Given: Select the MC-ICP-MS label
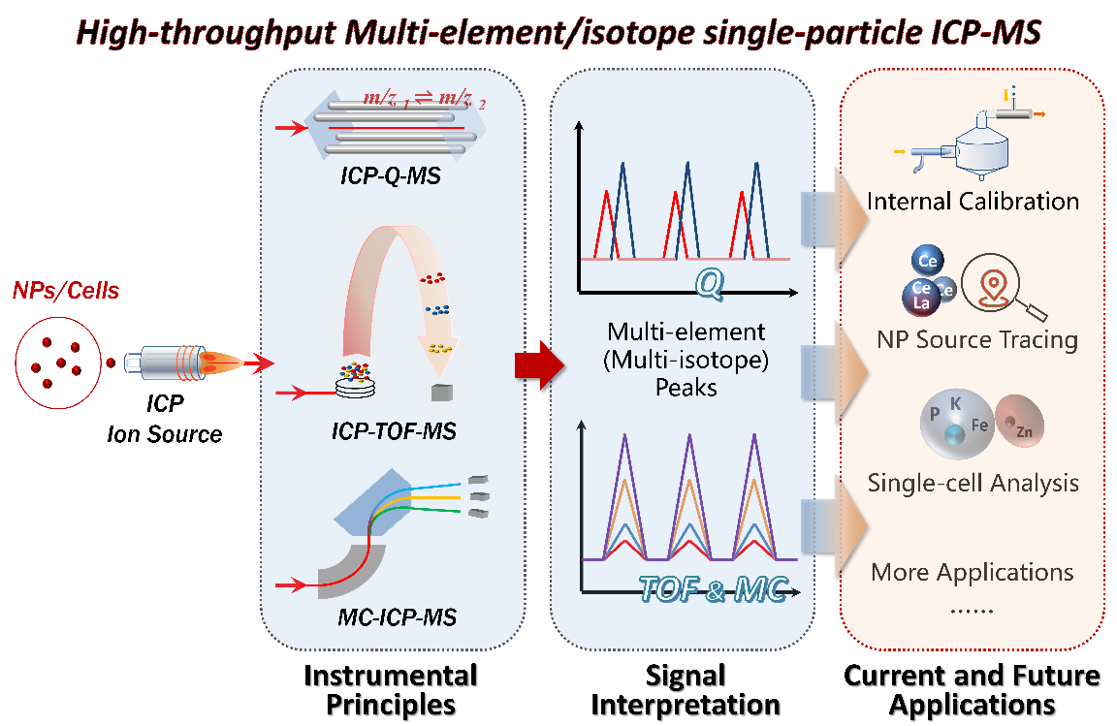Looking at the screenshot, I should tap(391, 616).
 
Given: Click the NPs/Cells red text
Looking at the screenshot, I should tap(65, 291).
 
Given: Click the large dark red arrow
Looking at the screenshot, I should tap(538, 364).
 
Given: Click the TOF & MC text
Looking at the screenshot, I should tap(712, 588).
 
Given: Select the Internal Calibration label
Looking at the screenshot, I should tap(973, 202).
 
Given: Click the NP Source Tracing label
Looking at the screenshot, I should tap(976, 339).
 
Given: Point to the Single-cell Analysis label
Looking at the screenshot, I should tap(973, 482).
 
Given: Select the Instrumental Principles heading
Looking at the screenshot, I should tap(391, 688).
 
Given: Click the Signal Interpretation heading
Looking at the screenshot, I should tap(686, 688).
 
